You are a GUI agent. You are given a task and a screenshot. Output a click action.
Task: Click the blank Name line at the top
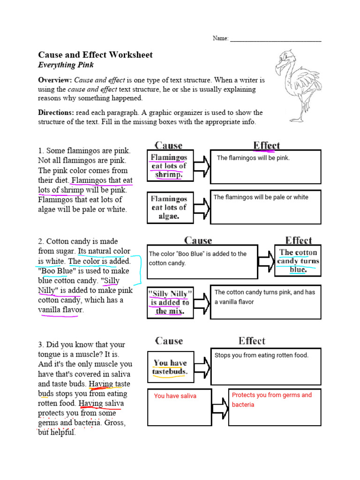[276, 39]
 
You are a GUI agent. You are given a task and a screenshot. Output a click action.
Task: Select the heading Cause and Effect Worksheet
[95, 55]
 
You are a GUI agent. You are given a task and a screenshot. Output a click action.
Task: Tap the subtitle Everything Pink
[66, 65]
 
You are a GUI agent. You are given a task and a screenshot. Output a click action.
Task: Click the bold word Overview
[54, 80]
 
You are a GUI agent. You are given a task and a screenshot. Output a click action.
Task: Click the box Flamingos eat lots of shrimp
[169, 166]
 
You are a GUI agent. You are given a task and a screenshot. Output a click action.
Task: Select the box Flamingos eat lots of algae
[169, 207]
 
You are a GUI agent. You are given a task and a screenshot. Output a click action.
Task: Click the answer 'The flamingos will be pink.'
[254, 158]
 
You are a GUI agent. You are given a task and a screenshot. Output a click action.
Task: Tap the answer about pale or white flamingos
[261, 197]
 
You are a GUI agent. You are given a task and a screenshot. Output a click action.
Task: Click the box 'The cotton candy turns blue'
[298, 261]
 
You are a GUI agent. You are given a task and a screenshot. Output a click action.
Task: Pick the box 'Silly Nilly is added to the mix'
[170, 302]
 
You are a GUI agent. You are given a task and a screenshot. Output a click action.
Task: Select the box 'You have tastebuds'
[170, 367]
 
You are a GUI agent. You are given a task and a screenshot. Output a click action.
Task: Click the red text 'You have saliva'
[175, 396]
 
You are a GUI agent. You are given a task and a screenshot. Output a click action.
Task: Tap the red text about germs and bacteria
[271, 399]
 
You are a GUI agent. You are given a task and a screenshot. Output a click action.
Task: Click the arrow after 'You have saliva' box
[219, 408]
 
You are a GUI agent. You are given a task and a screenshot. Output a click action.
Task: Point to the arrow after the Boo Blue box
[266, 261]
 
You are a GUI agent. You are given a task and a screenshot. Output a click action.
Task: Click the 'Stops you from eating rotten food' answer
[262, 355]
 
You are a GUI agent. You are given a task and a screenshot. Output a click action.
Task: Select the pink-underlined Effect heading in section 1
[266, 145]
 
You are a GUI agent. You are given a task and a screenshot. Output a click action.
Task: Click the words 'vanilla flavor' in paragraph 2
[60, 310]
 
